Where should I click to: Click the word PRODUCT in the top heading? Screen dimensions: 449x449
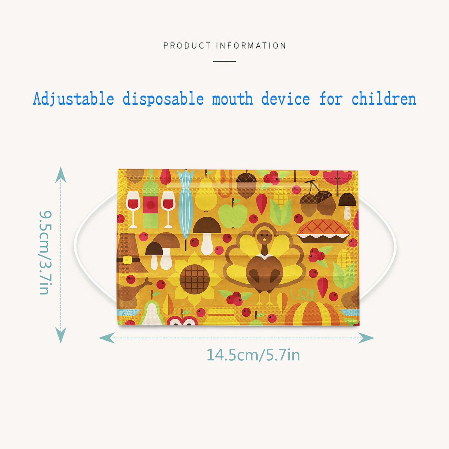tap(187, 45)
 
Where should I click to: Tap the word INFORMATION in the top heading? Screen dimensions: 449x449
tap(251, 45)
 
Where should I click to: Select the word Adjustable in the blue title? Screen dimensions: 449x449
tap(74, 99)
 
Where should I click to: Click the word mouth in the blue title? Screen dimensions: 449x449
tap(232, 99)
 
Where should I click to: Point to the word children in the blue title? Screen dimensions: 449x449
tap(384, 98)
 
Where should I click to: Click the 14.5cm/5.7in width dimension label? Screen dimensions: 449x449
tap(253, 355)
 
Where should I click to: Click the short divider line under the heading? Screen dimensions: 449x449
tap(224, 61)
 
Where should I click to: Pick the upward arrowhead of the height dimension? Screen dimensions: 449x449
tap(61, 175)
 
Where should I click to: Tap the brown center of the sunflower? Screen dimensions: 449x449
tap(194, 279)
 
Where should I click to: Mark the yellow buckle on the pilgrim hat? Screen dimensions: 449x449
tap(127, 260)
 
